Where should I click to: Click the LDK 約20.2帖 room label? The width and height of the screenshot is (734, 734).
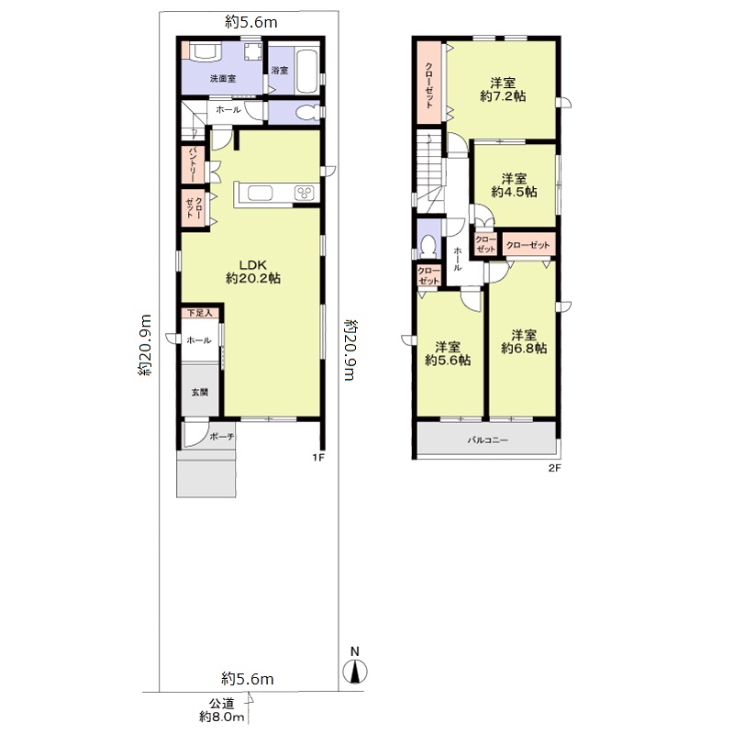click(x=253, y=272)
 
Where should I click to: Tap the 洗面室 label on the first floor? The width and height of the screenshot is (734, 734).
click(x=222, y=79)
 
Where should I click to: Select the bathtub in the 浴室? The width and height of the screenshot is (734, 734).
click(x=306, y=72)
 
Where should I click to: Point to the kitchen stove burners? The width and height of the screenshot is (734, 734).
click(x=305, y=193)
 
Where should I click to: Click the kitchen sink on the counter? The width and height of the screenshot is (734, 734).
click(x=260, y=193)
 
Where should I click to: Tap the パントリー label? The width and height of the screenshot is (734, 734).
click(x=193, y=165)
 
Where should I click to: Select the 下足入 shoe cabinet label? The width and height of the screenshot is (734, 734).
click(x=199, y=313)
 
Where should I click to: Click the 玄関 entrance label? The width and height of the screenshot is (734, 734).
click(x=199, y=393)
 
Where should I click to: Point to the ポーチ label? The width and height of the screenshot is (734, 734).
click(x=222, y=437)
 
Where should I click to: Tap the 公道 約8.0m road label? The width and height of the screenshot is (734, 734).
click(x=222, y=709)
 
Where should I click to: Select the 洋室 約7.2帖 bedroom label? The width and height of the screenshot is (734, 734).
click(x=503, y=90)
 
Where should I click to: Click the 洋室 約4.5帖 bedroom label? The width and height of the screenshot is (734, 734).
click(x=514, y=185)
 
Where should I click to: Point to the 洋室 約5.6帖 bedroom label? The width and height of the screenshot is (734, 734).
click(x=448, y=354)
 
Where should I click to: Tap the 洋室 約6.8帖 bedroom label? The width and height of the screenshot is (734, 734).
click(x=524, y=341)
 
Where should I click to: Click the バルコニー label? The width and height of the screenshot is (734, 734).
click(x=487, y=440)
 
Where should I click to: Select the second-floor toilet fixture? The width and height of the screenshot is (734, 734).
click(x=428, y=246)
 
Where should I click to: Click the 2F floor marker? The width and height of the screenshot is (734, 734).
click(x=554, y=467)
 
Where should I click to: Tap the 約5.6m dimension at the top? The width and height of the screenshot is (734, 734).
click(x=250, y=22)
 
